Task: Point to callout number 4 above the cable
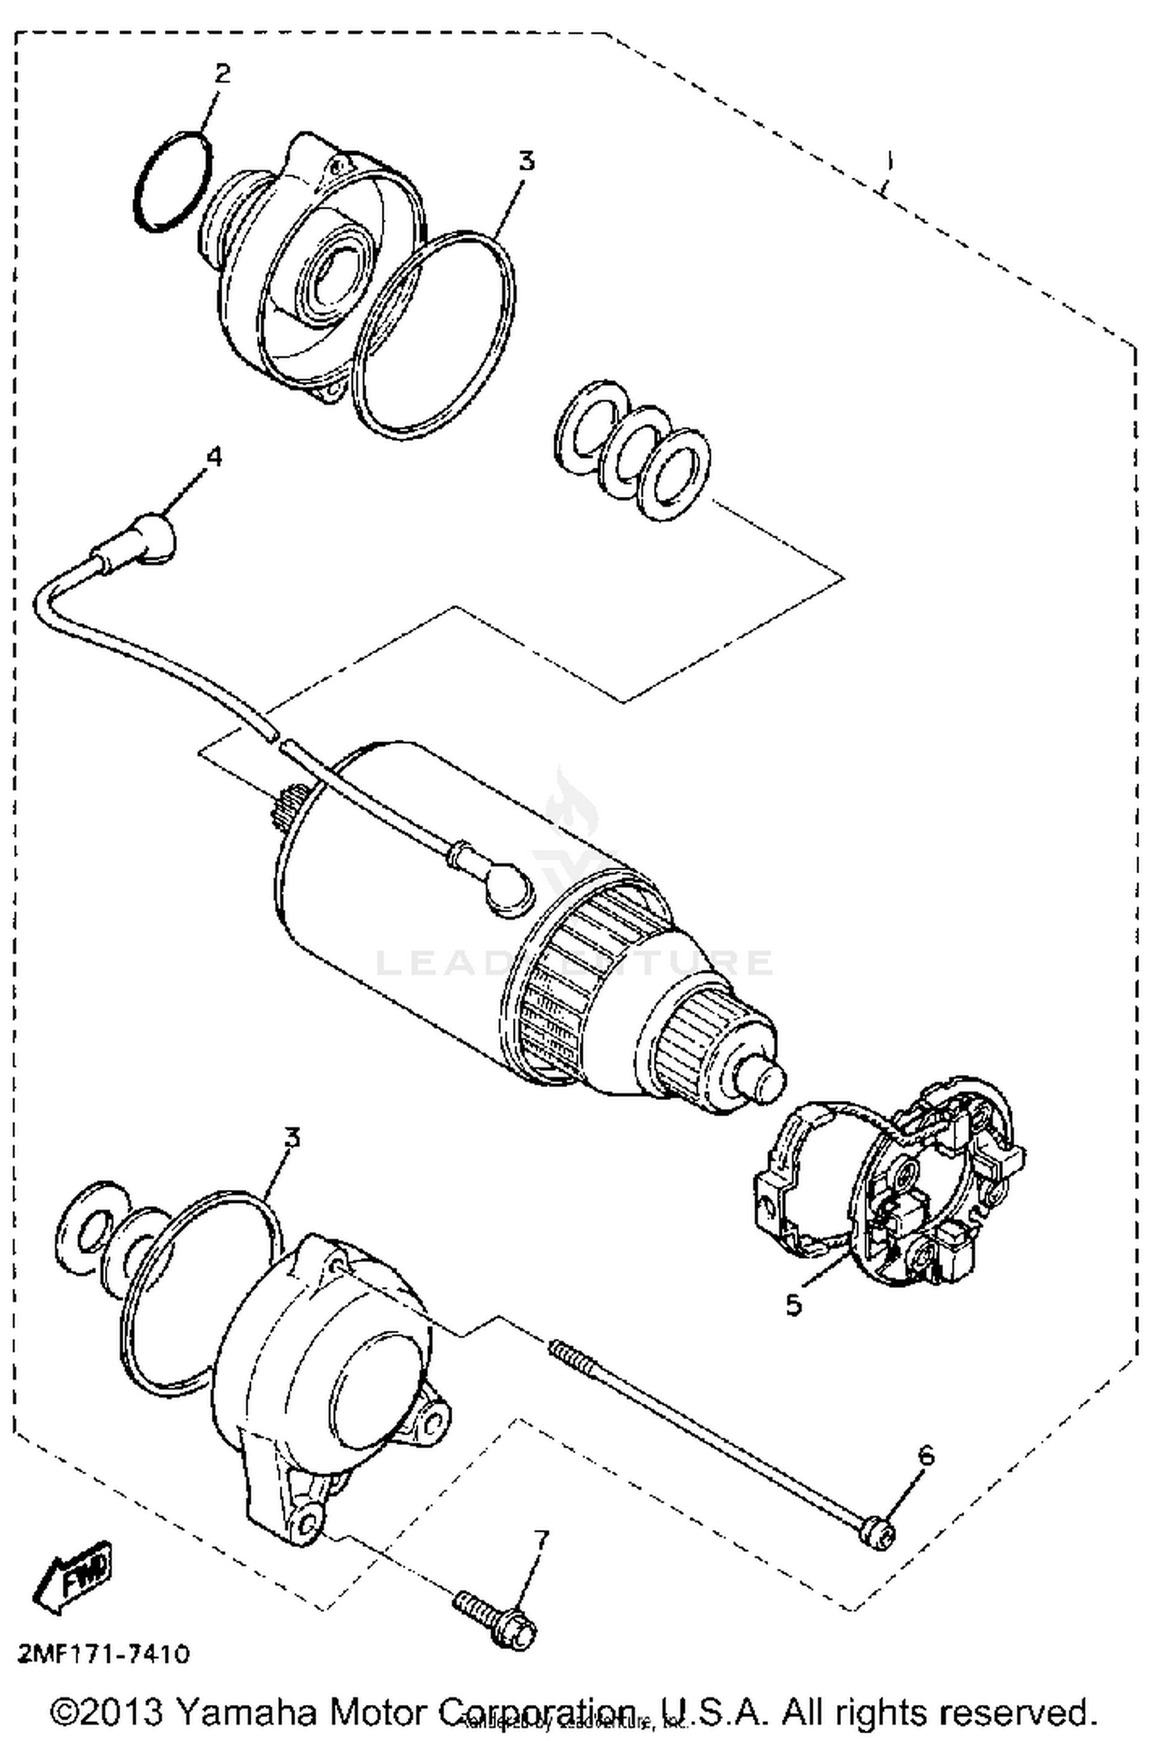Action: click(214, 457)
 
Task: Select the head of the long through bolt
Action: click(879, 1534)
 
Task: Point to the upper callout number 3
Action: click(526, 162)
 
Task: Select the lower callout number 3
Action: click(291, 1138)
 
